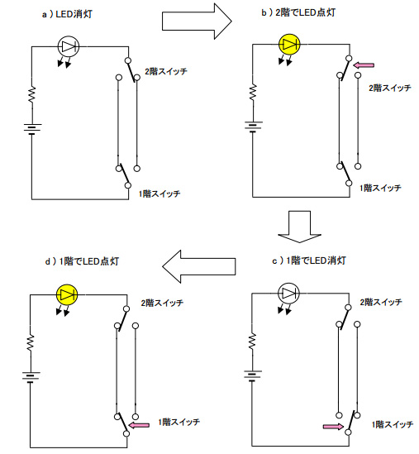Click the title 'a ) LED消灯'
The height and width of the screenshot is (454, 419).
(x=67, y=14)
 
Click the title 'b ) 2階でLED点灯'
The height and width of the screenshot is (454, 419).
(x=298, y=12)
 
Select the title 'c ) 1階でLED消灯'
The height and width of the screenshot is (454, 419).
(x=309, y=260)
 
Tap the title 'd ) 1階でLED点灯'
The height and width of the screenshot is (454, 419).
(x=82, y=261)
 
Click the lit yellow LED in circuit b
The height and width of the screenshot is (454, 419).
(x=289, y=45)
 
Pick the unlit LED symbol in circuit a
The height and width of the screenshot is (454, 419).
(x=69, y=46)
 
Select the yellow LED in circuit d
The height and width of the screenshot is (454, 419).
(x=67, y=294)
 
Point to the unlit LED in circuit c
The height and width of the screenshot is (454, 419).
(x=288, y=294)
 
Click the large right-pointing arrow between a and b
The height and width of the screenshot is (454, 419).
(x=197, y=22)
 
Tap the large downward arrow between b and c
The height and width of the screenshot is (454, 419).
(x=299, y=227)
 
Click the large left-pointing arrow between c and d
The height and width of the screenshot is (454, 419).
(x=199, y=266)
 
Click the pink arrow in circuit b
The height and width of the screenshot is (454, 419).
(x=364, y=65)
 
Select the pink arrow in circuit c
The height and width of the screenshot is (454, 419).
(x=333, y=427)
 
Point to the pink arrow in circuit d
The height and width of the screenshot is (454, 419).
(x=139, y=425)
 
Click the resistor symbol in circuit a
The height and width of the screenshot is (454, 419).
(x=32, y=94)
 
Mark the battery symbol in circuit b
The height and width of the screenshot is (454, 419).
(x=253, y=127)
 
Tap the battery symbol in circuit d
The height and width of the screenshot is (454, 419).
(x=31, y=377)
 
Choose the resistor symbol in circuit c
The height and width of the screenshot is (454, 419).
(x=252, y=342)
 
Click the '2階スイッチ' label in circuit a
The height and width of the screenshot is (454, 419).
(x=166, y=71)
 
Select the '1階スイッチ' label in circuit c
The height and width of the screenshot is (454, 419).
(x=393, y=425)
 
